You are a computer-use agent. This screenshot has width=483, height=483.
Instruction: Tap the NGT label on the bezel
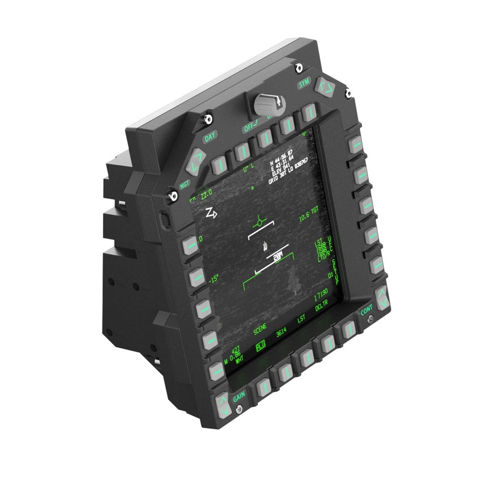(x=185, y=184)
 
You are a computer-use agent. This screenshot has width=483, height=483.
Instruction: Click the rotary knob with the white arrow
(x=269, y=104)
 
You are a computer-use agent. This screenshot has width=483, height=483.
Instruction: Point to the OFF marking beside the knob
(x=250, y=128)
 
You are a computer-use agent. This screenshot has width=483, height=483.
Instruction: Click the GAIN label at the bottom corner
(x=239, y=398)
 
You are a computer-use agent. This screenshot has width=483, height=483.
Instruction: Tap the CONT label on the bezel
(x=367, y=311)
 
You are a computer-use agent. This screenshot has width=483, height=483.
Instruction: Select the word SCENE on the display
(x=260, y=330)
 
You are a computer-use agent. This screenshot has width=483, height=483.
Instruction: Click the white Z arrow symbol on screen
(x=211, y=213)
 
